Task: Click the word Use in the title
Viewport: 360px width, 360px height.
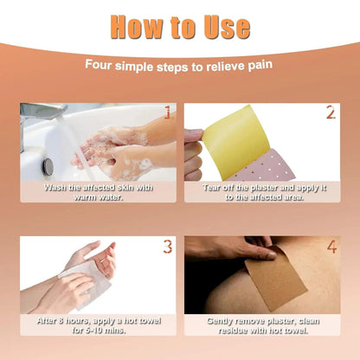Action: click(x=227, y=27)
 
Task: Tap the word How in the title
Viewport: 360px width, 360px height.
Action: click(x=137, y=27)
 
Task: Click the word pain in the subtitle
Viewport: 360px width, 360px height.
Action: click(x=260, y=65)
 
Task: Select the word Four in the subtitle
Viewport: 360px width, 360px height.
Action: click(x=98, y=65)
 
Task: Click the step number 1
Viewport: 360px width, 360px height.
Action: click(x=167, y=112)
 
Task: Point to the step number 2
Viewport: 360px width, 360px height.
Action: click(x=331, y=112)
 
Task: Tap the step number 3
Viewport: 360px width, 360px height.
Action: click(x=168, y=247)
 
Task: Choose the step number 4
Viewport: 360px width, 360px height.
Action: click(x=331, y=247)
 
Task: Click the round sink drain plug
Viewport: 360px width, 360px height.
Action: click(x=48, y=167)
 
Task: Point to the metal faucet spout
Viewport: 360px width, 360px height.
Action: click(x=43, y=110)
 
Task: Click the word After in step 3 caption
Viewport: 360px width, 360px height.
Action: click(x=47, y=321)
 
